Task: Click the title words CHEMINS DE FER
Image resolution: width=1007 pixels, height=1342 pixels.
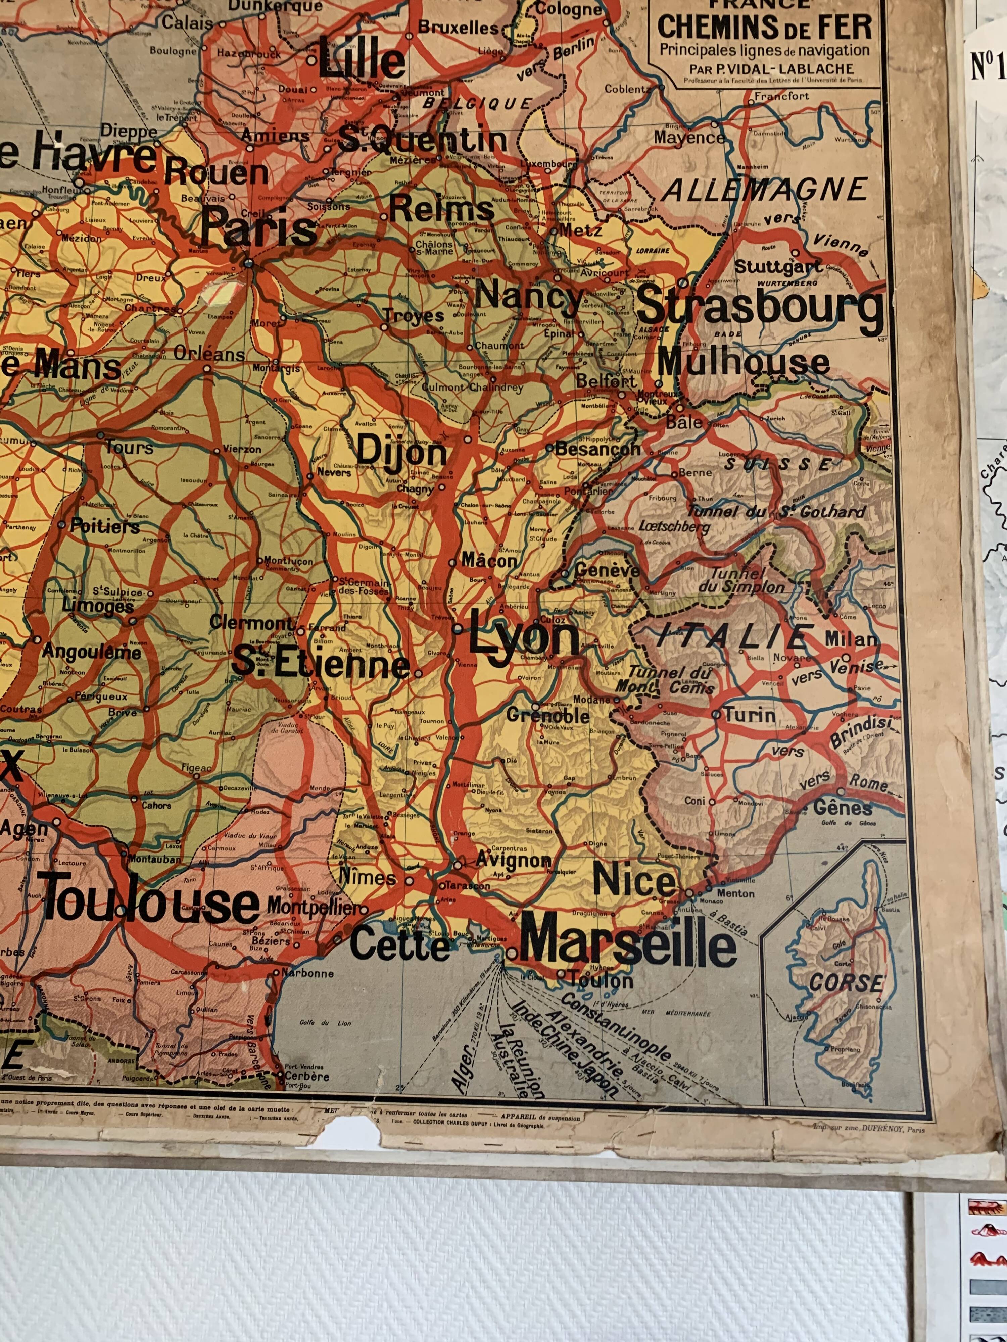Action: click(765, 27)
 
